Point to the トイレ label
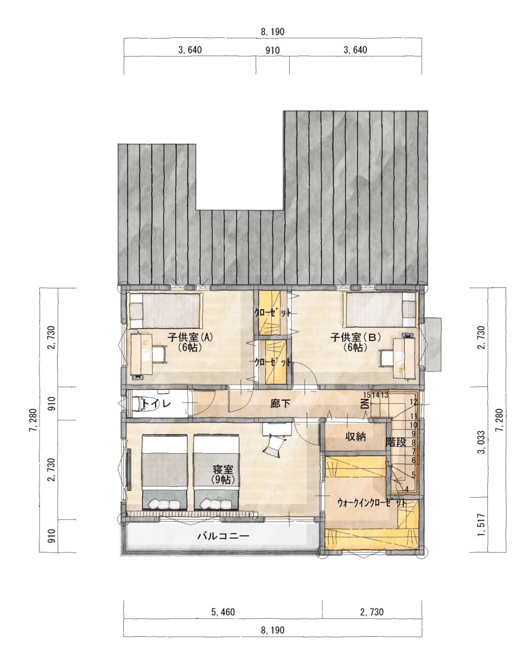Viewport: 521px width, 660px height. [x=156, y=404]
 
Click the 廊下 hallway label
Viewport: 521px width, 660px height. [x=280, y=404]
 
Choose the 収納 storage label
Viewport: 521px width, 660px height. [x=355, y=436]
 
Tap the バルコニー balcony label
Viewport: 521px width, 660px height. [x=223, y=536]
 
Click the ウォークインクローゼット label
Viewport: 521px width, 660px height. [x=372, y=503]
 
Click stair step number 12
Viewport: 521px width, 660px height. [x=414, y=402]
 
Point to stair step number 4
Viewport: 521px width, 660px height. [x=406, y=489]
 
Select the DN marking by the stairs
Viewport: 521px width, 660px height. [x=365, y=404]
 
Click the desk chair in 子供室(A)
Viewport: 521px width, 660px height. [x=160, y=354]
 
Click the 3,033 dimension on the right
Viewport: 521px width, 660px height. [x=482, y=442]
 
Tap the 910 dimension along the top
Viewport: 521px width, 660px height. [x=272, y=50]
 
